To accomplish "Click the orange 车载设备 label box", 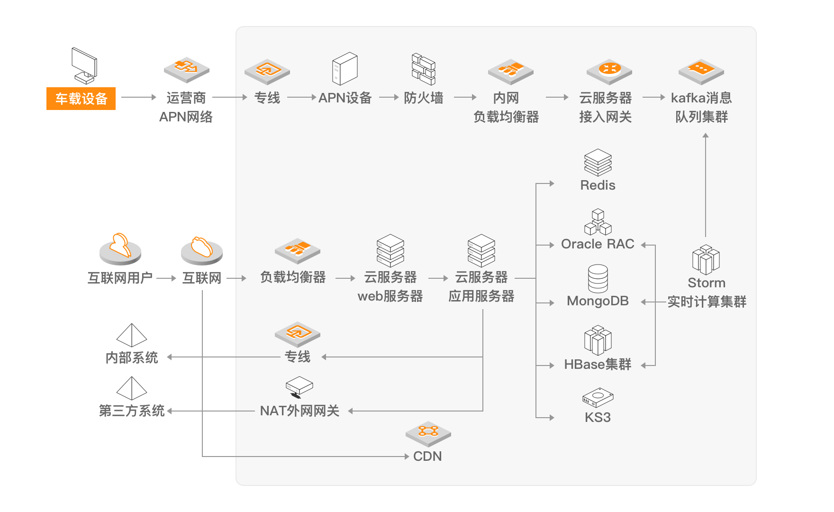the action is coord(81,99).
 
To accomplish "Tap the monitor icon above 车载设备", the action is coord(84,65).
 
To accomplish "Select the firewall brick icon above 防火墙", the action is coord(423,69).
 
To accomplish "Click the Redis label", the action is coord(598,185).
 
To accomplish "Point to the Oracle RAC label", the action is coord(598,244).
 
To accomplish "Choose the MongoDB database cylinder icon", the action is coord(598,278).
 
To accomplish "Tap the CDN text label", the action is coord(427,457).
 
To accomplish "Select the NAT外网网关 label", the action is coord(299,411).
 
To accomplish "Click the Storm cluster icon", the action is coord(706,260).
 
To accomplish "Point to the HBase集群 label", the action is coord(598,365).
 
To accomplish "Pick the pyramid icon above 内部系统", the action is coord(132,335).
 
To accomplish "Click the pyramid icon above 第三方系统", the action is coord(132,388).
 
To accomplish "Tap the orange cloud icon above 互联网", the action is coord(202,250).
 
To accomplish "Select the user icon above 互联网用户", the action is coord(120,249).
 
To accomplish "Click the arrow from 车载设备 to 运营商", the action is coord(139,97).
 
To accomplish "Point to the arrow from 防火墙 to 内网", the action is coord(465,97).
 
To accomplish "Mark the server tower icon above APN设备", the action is coord(344,69).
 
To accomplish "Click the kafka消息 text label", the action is coord(701,98).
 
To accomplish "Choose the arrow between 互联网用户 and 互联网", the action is coord(166,278).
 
